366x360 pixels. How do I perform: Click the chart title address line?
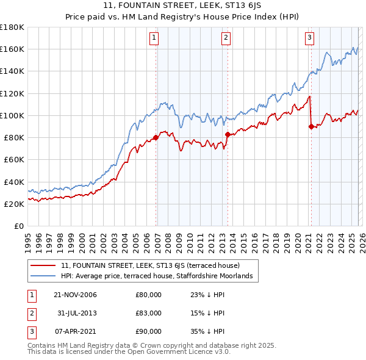182,5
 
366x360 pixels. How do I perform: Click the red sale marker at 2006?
156,137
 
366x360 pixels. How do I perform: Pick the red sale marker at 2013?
228,134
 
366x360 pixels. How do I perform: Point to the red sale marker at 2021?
311,126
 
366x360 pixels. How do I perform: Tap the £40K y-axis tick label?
14,182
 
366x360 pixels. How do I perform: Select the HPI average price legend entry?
160,276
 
